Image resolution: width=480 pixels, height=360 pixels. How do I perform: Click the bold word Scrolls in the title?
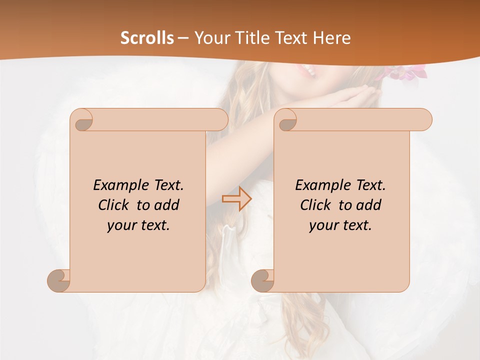point(147,38)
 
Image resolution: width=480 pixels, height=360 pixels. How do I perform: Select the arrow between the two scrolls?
point(236,199)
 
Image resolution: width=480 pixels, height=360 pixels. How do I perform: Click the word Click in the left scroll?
point(113,205)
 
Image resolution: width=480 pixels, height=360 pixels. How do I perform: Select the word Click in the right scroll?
point(315,205)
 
